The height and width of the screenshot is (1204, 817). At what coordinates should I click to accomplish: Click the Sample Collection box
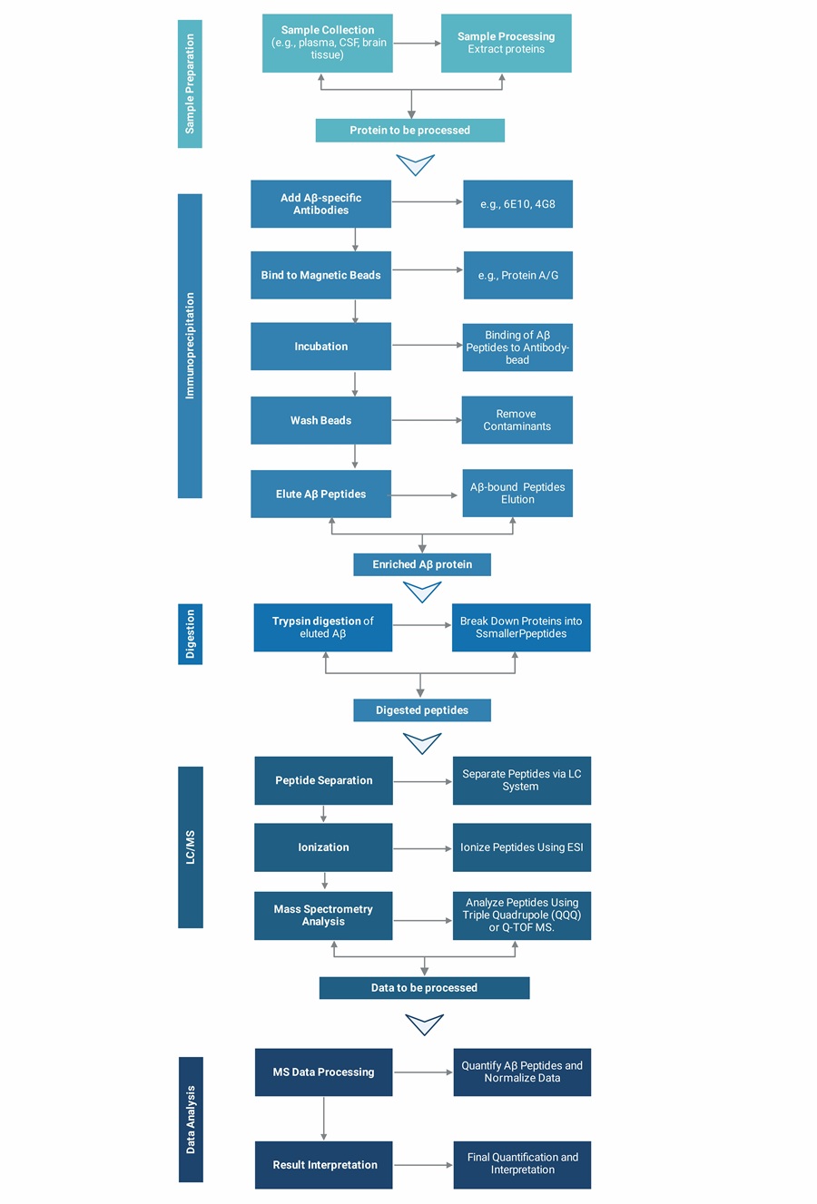327,43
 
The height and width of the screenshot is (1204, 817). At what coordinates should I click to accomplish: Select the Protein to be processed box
409,131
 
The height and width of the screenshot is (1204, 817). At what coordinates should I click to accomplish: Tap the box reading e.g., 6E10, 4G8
517,204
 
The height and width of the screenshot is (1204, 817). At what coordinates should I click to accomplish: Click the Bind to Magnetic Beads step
320,275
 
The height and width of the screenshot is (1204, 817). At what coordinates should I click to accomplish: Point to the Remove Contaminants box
517,420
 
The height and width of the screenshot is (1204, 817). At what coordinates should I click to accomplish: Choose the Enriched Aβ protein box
422,564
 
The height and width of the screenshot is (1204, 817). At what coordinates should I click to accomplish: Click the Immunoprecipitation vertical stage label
190,346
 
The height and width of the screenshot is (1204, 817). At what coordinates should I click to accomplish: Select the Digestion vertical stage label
190,634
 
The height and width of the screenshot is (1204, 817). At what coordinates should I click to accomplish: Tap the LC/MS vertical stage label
190,847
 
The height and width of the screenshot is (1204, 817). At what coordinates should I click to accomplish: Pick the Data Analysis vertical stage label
190,1119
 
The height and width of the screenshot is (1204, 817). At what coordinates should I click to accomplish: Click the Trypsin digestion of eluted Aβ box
322,627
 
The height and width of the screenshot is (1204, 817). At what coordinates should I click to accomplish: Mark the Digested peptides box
422,710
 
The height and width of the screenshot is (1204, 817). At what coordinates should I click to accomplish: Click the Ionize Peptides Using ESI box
521,847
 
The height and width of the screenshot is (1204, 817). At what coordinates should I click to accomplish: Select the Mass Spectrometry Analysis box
323,915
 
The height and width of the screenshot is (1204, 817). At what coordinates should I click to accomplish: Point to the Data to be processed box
424,988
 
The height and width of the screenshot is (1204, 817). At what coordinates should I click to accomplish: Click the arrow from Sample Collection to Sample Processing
417,43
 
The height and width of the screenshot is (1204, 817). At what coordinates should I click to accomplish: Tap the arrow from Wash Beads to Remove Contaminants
426,420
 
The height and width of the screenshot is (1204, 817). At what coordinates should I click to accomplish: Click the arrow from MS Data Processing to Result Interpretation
323,1118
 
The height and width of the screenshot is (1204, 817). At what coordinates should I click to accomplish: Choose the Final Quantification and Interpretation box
522,1164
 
